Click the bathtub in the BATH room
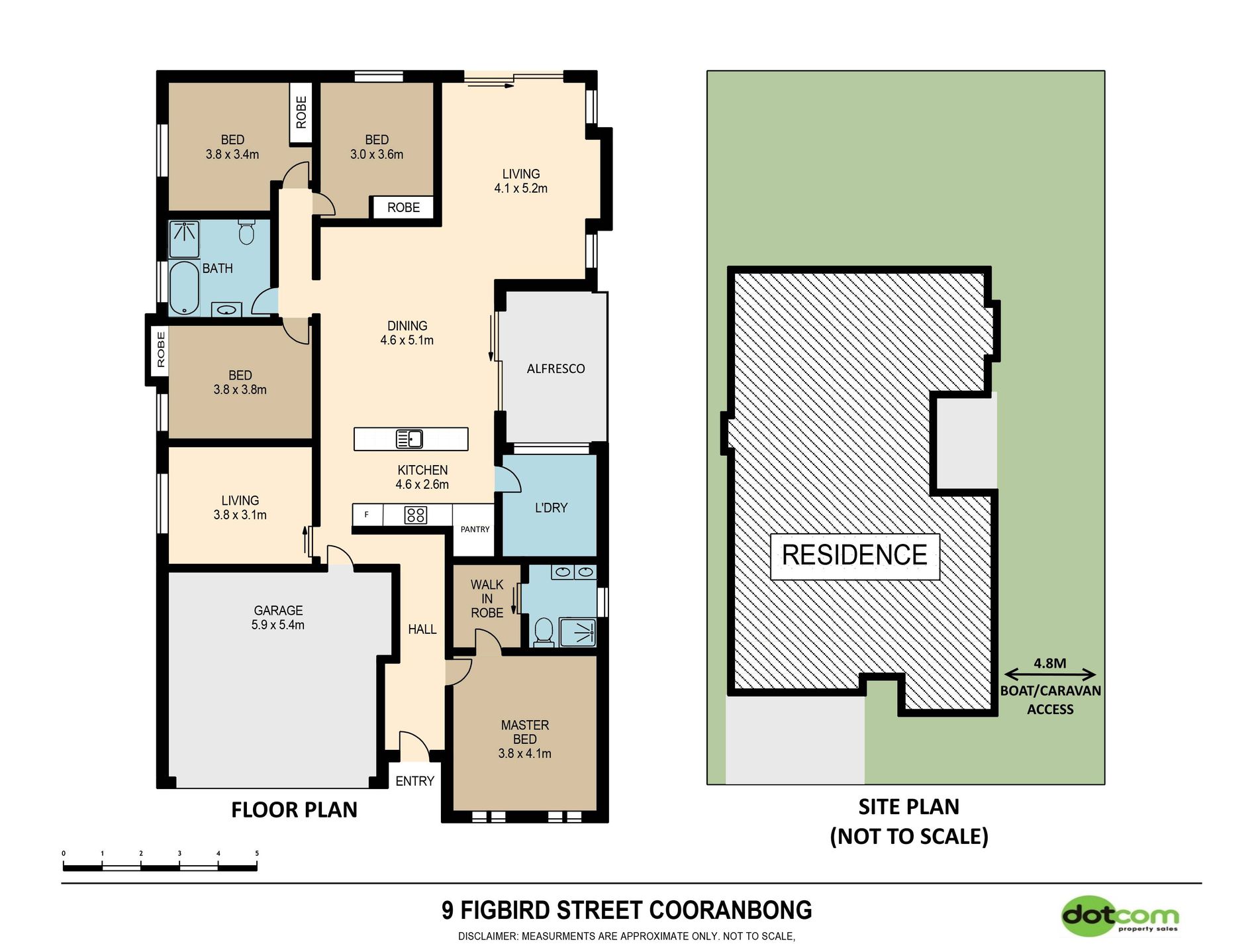point(184,288)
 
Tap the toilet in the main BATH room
point(246,232)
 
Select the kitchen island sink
point(409,439)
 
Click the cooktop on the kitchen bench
point(415,515)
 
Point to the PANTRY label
point(475,529)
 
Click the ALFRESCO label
point(556,369)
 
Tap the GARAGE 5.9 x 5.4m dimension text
point(278,625)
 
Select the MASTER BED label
point(525,732)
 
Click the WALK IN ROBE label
point(487,599)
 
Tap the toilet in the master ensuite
point(544,631)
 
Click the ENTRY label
point(414,781)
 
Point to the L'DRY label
point(551,508)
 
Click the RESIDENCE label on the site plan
point(855,555)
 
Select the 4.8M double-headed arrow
point(1049,675)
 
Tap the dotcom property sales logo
point(1120,916)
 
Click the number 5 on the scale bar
point(257,853)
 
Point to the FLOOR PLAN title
point(294,810)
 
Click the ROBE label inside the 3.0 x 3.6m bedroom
point(403,207)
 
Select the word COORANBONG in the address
point(730,910)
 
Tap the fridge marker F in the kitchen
point(366,515)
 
